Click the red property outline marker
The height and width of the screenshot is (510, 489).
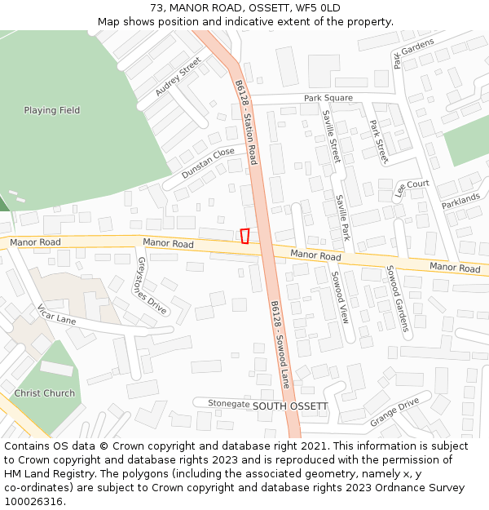[244, 236]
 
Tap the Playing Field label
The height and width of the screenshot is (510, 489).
[52, 110]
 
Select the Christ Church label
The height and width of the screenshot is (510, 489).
[45, 393]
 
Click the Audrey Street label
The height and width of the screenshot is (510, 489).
[178, 77]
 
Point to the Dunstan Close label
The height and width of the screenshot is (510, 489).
[208, 163]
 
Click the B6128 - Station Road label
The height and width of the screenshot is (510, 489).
[246, 122]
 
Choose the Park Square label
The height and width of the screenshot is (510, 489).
[328, 98]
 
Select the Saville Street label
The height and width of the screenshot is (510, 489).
[331, 136]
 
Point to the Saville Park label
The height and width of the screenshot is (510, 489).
[343, 217]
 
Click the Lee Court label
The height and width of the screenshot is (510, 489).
[412, 188]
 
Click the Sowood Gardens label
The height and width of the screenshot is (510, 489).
[396, 298]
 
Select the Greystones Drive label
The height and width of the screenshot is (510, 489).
[152, 286]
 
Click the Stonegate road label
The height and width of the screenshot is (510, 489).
[228, 403]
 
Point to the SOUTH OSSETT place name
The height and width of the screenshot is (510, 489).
[290, 406]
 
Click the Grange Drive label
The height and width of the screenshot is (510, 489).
[394, 412]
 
